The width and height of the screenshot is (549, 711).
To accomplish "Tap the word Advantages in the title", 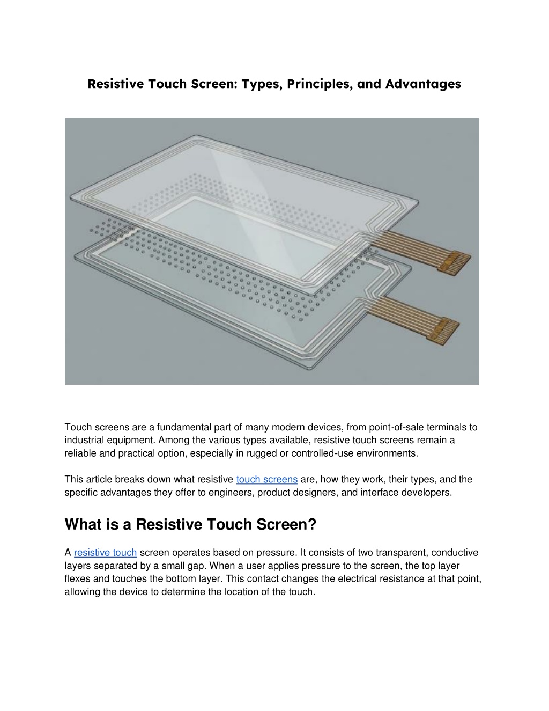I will coord(422,84).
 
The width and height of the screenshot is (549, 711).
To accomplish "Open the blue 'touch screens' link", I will coord(266,479).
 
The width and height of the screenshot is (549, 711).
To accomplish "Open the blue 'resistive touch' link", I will coord(105,553).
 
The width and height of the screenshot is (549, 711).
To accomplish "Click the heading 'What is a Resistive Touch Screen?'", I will coord(190,524).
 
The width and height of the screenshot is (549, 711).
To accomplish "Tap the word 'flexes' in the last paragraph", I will coord(77,579).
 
